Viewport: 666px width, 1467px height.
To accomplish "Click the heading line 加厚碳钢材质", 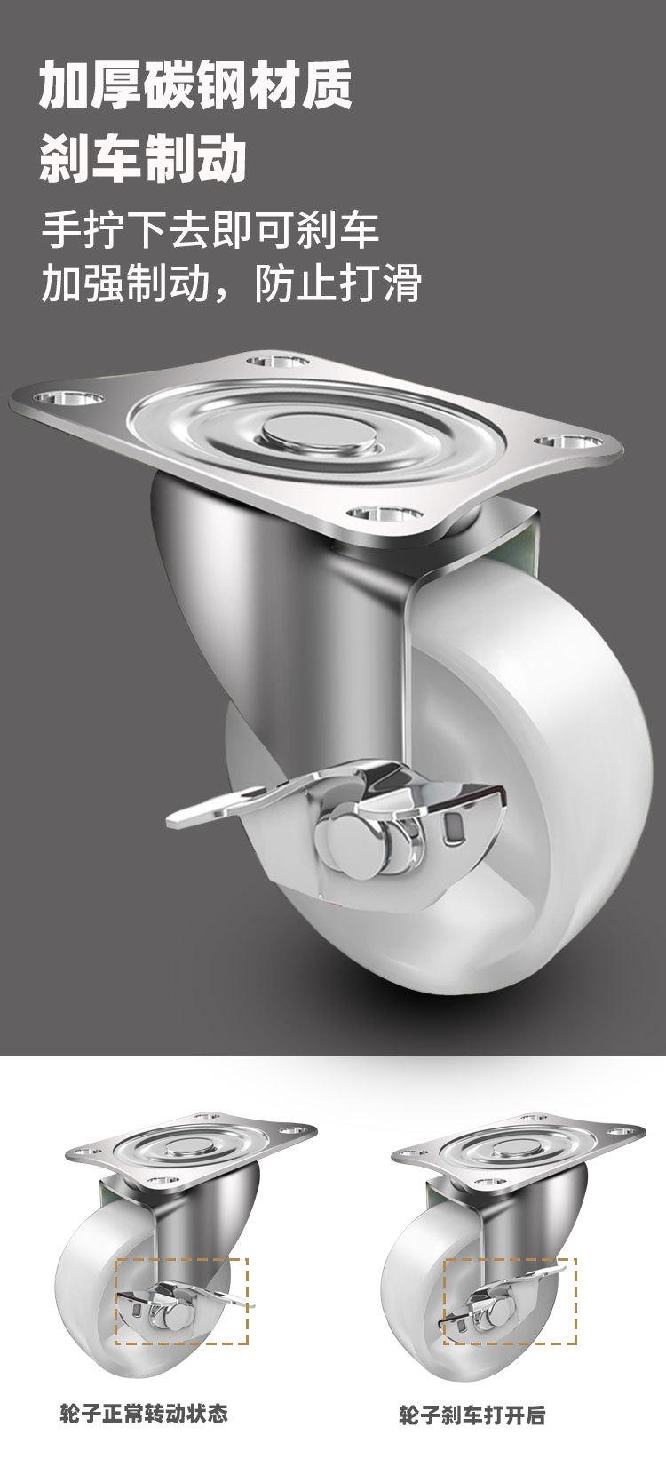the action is click(195, 86).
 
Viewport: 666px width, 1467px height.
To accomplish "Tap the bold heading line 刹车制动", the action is click(143, 159).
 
